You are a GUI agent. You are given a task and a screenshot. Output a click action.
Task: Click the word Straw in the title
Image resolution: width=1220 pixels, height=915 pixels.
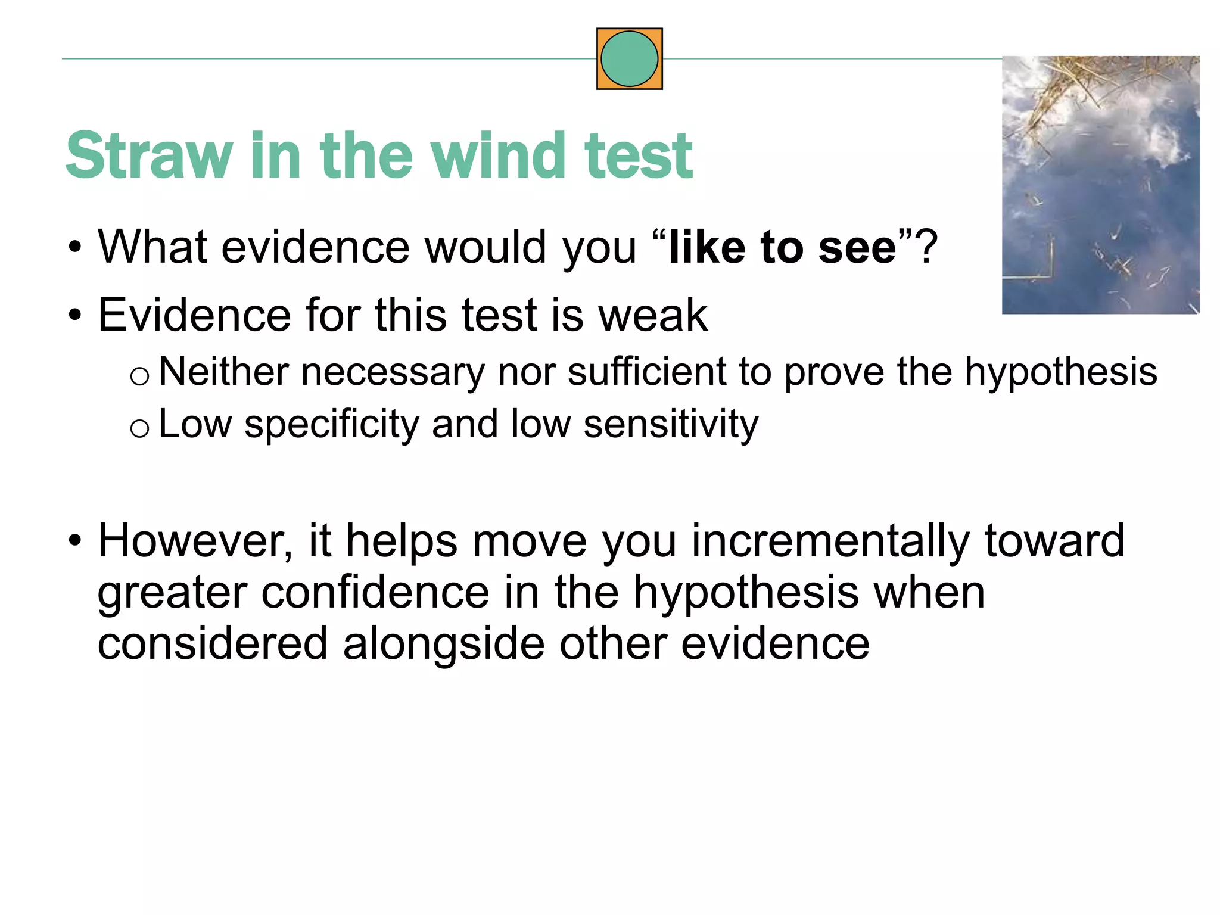[x=149, y=156]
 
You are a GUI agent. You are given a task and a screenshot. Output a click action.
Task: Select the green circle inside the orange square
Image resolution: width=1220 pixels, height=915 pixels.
[x=629, y=59]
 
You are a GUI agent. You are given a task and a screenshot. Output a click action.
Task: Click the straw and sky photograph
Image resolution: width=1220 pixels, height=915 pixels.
[x=1100, y=185]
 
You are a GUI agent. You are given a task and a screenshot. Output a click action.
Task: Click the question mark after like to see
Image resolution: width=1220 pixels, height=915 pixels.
[x=927, y=247]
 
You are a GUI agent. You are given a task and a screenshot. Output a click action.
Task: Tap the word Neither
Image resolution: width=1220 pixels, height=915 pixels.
[x=223, y=372]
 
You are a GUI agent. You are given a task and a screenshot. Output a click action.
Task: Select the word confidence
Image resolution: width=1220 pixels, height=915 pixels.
[x=375, y=593]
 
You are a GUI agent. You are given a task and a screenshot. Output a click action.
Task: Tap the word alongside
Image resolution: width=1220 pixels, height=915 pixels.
[x=443, y=644]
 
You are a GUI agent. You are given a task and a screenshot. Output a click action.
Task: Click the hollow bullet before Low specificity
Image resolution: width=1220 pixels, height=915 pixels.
[x=139, y=428]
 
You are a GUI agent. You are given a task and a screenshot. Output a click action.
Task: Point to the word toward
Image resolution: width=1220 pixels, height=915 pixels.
[x=1054, y=541]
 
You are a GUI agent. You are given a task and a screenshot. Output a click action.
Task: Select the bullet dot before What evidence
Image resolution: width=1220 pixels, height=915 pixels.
[x=74, y=247]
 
